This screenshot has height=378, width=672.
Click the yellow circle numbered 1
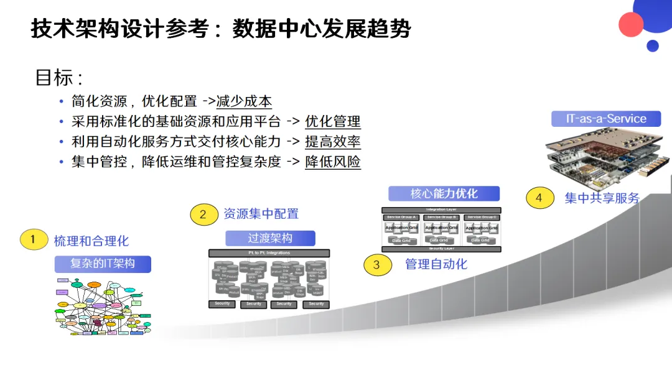(x=34, y=239)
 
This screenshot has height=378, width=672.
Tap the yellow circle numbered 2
(x=203, y=214)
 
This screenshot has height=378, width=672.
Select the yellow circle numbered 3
(x=376, y=265)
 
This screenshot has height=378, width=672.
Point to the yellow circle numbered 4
(x=539, y=198)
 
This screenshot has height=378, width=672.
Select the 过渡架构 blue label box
(x=270, y=238)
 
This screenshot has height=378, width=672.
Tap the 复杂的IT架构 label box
(x=103, y=264)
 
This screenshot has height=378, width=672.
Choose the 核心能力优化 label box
(x=444, y=193)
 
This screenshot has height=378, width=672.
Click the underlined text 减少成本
(x=244, y=101)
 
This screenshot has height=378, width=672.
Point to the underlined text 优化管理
(x=333, y=121)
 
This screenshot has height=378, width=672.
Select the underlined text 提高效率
(x=333, y=141)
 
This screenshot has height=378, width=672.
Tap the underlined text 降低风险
(x=333, y=162)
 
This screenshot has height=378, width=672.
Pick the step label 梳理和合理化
(x=91, y=241)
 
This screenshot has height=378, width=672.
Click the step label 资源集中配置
(x=261, y=214)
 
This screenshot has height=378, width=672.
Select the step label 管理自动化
(x=436, y=264)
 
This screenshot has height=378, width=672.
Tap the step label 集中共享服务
(x=602, y=198)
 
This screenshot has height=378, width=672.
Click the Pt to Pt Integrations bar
(x=269, y=253)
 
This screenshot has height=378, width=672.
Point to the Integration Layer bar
(x=441, y=210)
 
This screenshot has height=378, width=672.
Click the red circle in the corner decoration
(x=631, y=24)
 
